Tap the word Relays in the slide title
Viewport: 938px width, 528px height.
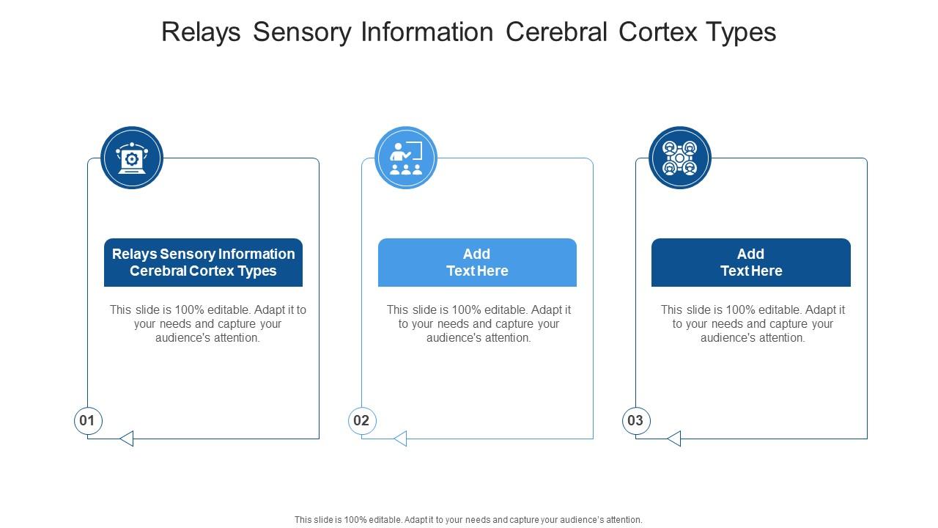pyautogui.click(x=201, y=32)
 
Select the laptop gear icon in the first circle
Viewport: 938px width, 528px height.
pyautogui.click(x=132, y=158)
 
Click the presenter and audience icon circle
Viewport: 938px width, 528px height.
pyautogui.click(x=405, y=158)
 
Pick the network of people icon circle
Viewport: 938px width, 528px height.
pyautogui.click(x=679, y=158)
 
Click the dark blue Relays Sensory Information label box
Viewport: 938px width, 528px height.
pyautogui.click(x=203, y=263)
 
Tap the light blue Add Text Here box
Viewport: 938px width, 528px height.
pyautogui.click(x=477, y=263)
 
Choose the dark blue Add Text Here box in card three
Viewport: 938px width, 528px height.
pyautogui.click(x=751, y=263)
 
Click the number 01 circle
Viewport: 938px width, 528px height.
pyautogui.click(x=87, y=421)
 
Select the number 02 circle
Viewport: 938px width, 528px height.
pyautogui.click(x=361, y=421)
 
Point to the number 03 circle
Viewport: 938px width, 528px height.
pyautogui.click(x=635, y=421)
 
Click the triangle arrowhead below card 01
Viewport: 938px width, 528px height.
pyautogui.click(x=127, y=439)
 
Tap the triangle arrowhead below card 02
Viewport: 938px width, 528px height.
pyautogui.click(x=400, y=439)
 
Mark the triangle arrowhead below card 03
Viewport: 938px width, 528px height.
pyautogui.click(x=674, y=439)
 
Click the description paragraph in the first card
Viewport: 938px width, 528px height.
pyautogui.click(x=208, y=324)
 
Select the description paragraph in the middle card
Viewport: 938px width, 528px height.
pyautogui.click(x=479, y=324)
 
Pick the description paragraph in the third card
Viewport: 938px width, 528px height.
pyautogui.click(x=753, y=324)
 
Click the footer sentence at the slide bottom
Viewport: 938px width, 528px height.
pyautogui.click(x=468, y=519)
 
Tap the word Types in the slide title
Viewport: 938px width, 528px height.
pyautogui.click(x=742, y=32)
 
